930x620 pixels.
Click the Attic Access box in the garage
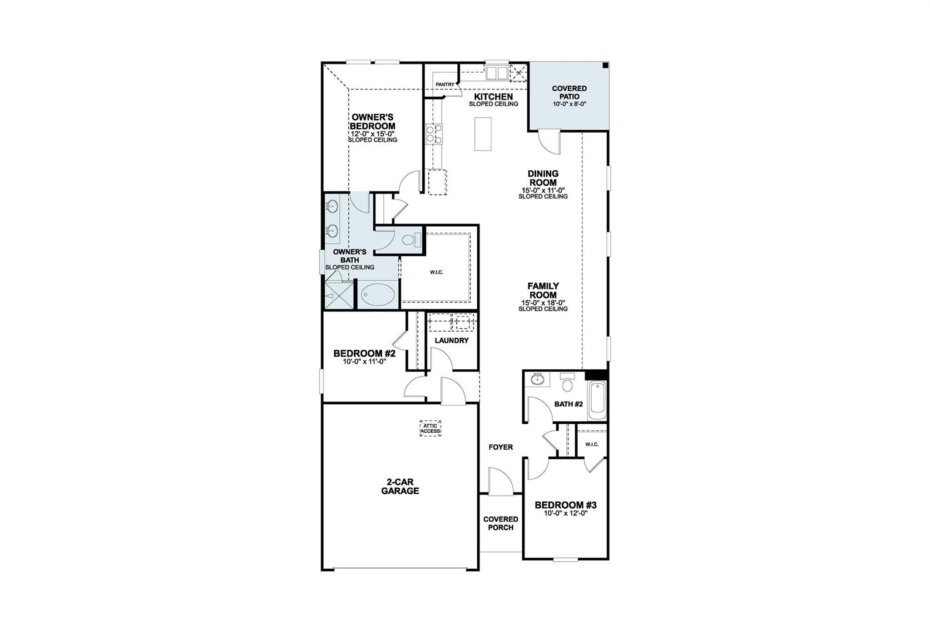point(430,428)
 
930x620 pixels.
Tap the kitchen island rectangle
point(483,134)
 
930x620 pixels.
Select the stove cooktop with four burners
point(434,135)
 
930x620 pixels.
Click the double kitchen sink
point(497,73)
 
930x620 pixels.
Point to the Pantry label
point(445,84)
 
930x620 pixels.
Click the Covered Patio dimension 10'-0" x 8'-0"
point(569,104)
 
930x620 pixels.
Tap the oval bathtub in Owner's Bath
point(378,295)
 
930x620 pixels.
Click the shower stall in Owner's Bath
point(338,296)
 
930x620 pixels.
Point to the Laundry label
point(451,340)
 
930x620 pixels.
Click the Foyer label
point(500,447)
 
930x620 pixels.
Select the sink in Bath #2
point(539,379)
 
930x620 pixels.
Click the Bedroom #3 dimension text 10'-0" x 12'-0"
point(565,513)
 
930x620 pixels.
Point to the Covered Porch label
point(500,523)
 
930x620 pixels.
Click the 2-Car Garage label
point(400,486)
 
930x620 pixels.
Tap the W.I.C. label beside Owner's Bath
point(436,272)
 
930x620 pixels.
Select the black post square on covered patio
point(605,66)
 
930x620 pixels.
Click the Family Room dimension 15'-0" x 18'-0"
point(543,303)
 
